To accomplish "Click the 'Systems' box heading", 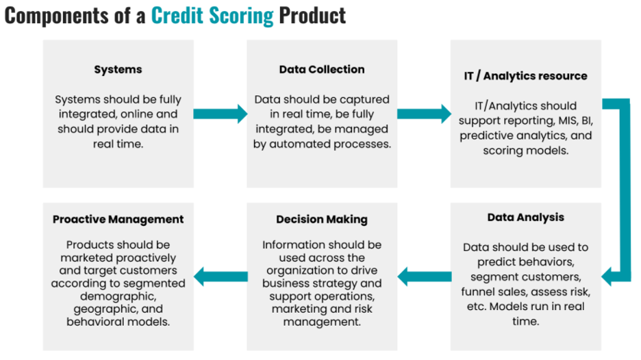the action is click(x=118, y=70).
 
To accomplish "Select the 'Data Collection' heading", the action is click(x=322, y=69).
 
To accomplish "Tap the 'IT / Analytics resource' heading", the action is click(x=525, y=76).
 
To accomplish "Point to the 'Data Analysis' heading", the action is click(x=526, y=218).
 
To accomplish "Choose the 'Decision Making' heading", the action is click(x=322, y=220).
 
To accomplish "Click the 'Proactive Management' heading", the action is click(x=118, y=220).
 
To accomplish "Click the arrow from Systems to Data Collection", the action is click(x=221, y=114).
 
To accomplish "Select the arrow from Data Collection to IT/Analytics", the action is click(x=425, y=114).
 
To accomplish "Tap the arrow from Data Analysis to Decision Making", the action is click(x=425, y=277).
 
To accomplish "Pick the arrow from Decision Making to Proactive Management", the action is click(x=221, y=277).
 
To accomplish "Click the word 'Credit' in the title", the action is click(x=177, y=16).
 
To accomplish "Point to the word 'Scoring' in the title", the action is click(x=241, y=16).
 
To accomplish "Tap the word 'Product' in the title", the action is click(x=312, y=16).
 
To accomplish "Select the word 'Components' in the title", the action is click(x=56, y=16).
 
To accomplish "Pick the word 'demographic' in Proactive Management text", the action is click(x=118, y=296).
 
